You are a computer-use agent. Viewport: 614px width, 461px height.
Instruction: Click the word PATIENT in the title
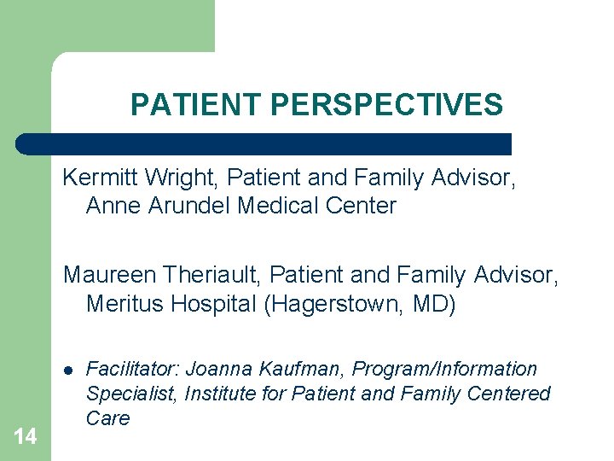(196, 105)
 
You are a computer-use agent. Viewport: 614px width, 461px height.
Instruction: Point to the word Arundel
(188, 206)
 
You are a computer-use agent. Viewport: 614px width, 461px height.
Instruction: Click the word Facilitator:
(133, 370)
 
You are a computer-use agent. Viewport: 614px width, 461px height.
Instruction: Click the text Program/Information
(445, 370)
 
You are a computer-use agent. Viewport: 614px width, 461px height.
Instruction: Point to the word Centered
(509, 394)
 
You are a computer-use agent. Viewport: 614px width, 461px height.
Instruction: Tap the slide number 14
(26, 437)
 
